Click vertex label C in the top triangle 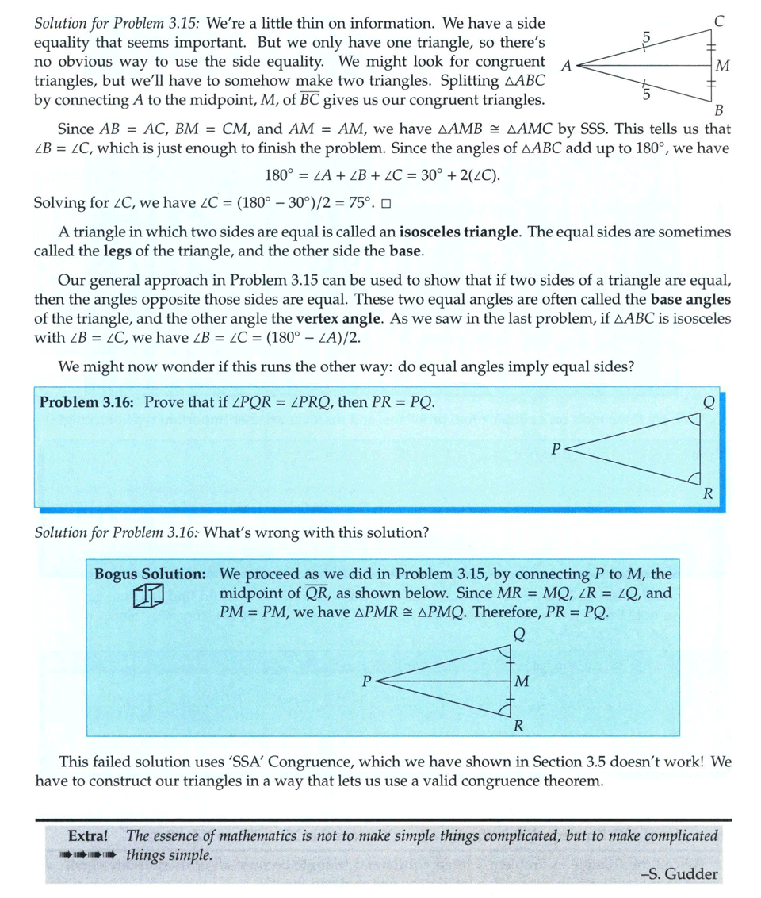718,21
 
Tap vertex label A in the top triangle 566,67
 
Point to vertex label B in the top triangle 719,109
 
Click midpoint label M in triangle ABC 722,66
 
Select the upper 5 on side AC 647,36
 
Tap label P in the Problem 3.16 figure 556,450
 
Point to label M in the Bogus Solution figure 522,681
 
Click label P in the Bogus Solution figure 366,681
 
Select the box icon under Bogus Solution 148,596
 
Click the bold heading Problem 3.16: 88,401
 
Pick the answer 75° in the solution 358,203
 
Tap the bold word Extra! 89,836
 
